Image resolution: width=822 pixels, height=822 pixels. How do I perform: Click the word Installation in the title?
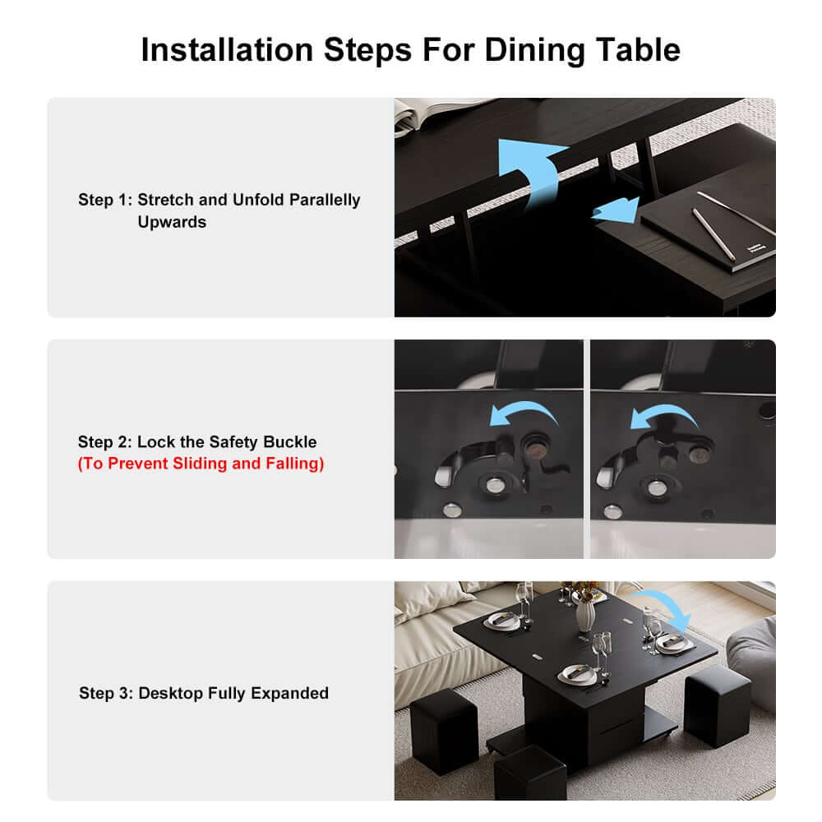pos(227,50)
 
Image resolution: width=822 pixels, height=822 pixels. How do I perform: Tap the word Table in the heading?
pos(639,50)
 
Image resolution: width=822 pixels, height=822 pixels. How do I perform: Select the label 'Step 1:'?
pos(105,200)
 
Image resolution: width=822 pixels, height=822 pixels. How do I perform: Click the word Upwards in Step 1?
pos(172,222)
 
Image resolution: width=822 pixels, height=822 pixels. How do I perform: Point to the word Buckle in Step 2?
pos(290,442)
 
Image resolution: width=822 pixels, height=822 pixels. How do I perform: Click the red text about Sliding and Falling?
pos(201,464)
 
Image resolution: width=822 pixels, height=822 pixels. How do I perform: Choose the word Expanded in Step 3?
pos(289,694)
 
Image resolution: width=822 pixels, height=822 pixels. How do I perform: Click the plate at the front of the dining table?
pos(577,675)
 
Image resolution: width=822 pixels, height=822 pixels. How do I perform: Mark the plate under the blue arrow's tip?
pos(673,644)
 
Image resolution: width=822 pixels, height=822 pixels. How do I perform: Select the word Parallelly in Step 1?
pos(325,200)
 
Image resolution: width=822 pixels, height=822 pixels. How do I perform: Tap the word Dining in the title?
pos(535,51)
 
